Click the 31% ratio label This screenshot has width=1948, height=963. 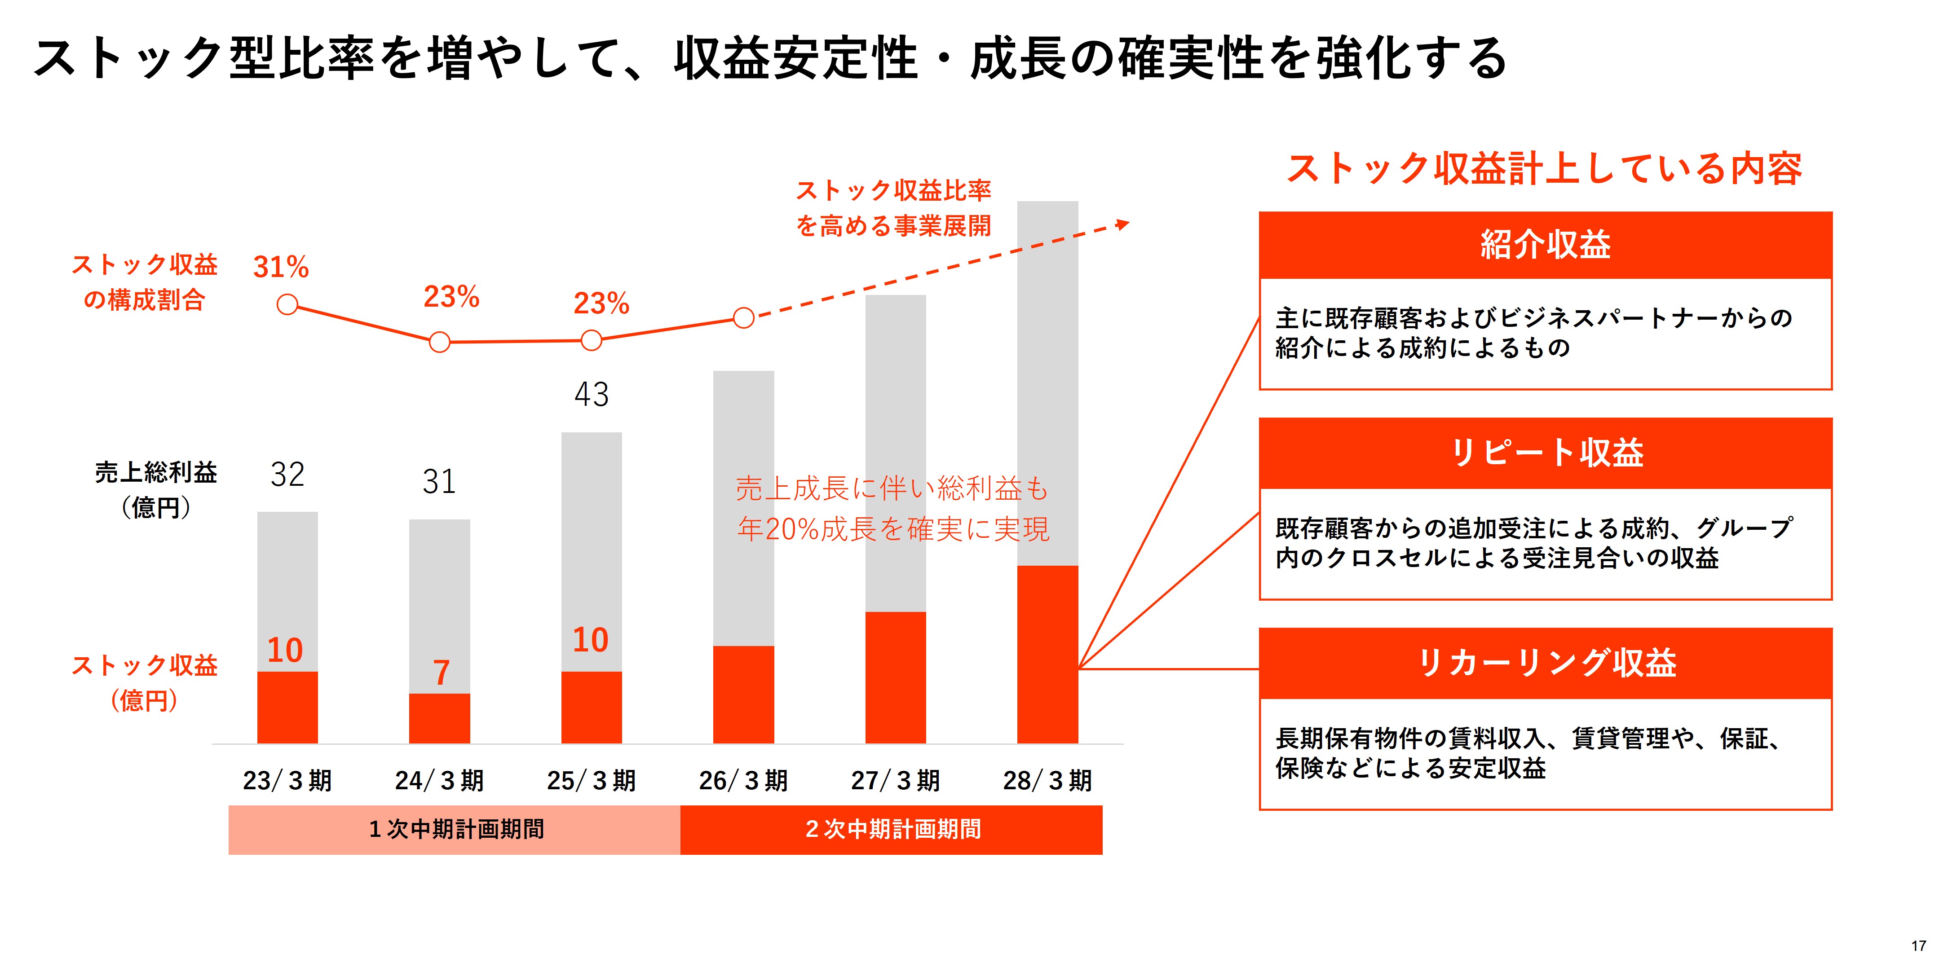pyautogui.click(x=281, y=267)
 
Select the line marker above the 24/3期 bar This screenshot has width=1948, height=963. pyautogui.click(x=439, y=343)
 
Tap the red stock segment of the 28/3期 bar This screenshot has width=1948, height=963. pyautogui.click(x=1047, y=654)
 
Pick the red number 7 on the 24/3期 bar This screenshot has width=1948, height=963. pyautogui.click(x=441, y=672)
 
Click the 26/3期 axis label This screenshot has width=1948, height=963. pyautogui.click(x=743, y=780)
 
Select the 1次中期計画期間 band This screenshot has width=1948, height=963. pyautogui.click(x=455, y=829)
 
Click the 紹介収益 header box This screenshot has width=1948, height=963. pyautogui.click(x=1545, y=245)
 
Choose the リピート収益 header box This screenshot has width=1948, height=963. pyautogui.click(x=1545, y=453)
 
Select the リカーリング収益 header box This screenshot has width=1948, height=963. pyautogui.click(x=1545, y=663)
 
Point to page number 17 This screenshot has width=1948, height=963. pyautogui.click(x=1918, y=945)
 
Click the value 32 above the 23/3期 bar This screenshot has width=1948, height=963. pyautogui.click(x=287, y=475)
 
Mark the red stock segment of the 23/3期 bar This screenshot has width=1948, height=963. pyautogui.click(x=287, y=707)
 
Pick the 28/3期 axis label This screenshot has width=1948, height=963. pyautogui.click(x=1047, y=780)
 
